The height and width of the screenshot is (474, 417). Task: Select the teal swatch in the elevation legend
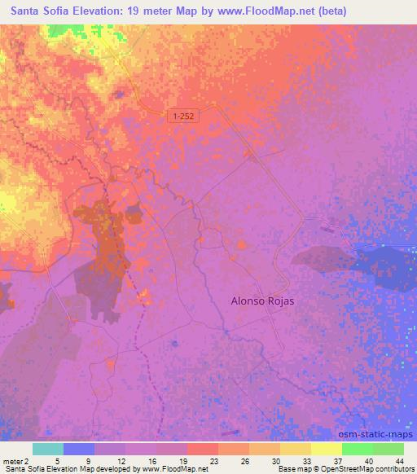click(x=48, y=449)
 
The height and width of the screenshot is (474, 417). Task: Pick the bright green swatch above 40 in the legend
click(x=357, y=449)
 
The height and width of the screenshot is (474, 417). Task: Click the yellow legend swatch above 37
click(x=326, y=449)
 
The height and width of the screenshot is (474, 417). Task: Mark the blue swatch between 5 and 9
click(x=79, y=449)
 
